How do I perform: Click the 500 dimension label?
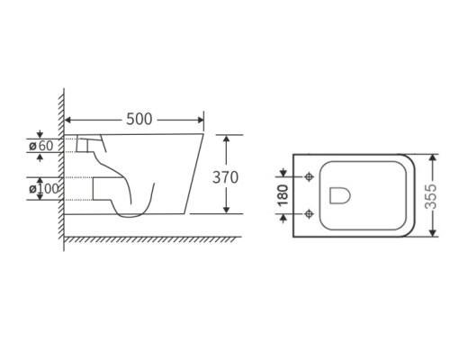[x=139, y=119]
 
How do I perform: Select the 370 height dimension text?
[x=225, y=177]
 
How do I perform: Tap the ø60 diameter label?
[x=41, y=146]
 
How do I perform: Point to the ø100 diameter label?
[x=44, y=189]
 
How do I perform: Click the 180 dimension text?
[x=283, y=195]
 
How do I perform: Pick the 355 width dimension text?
[x=431, y=196]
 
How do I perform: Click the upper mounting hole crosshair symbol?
[x=309, y=177]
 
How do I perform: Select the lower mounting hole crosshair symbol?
[x=309, y=214]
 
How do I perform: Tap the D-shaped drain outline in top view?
[x=340, y=195]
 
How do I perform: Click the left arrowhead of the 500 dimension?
[x=67, y=120]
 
